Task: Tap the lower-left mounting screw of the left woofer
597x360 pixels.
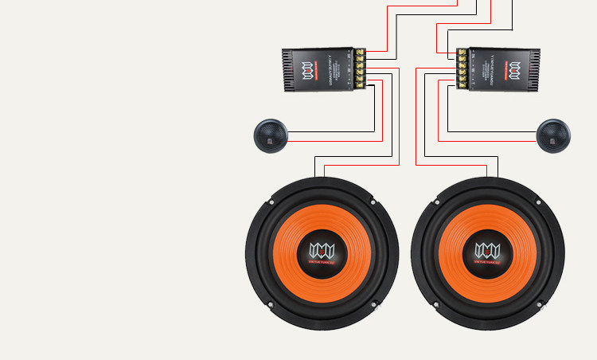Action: (x=271, y=303)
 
